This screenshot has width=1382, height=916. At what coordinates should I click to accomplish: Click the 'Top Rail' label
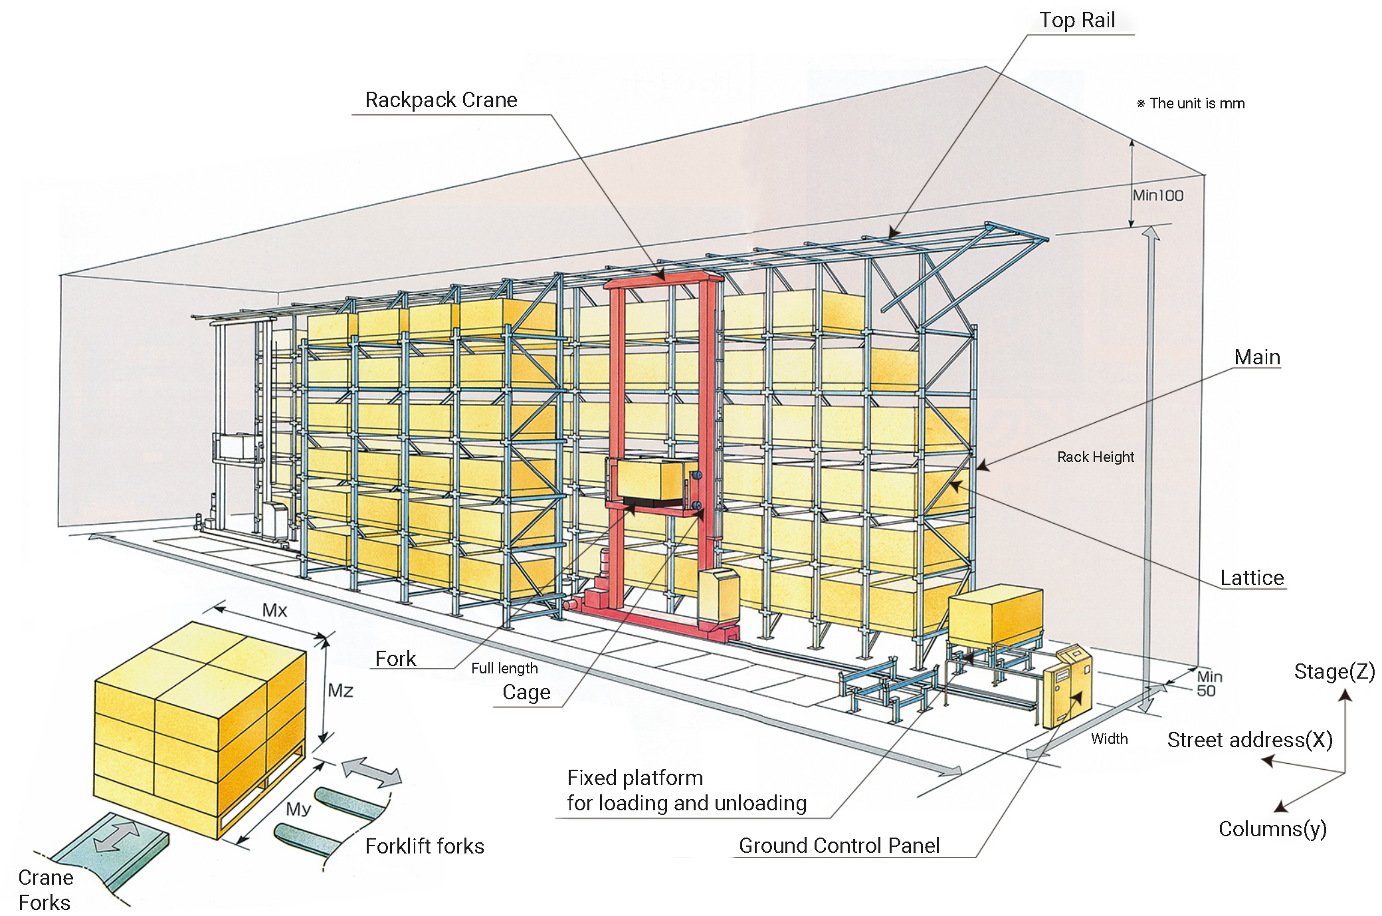coord(1077,20)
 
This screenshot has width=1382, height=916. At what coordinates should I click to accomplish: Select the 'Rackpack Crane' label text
coord(441,100)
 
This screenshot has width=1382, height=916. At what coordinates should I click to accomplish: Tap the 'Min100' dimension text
coord(1157,195)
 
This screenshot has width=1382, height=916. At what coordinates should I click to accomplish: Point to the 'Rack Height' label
coord(1096,457)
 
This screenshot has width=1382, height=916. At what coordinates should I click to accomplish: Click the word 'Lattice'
coord(1252,578)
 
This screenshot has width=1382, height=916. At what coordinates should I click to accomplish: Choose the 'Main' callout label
coord(1256,357)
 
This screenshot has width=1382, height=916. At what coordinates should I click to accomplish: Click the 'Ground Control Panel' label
coord(839,846)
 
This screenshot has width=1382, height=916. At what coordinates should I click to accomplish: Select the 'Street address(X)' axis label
coord(1249,740)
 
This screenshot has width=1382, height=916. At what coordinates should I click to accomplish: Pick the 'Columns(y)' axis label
coord(1272,829)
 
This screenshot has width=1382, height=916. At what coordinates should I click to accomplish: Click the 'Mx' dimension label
coord(274,610)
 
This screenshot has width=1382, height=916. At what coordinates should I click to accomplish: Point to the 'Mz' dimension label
coord(340,691)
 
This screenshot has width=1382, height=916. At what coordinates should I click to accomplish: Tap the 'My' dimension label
coord(298,809)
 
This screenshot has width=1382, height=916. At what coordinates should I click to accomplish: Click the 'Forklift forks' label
coord(425,846)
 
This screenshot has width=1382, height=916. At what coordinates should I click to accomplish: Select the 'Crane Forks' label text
coord(45,890)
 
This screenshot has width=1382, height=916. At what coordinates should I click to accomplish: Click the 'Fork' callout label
coord(395,659)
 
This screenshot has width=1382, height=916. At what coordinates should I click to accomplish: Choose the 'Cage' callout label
coord(526,692)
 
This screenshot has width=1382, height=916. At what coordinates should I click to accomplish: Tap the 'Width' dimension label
coord(1109,739)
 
